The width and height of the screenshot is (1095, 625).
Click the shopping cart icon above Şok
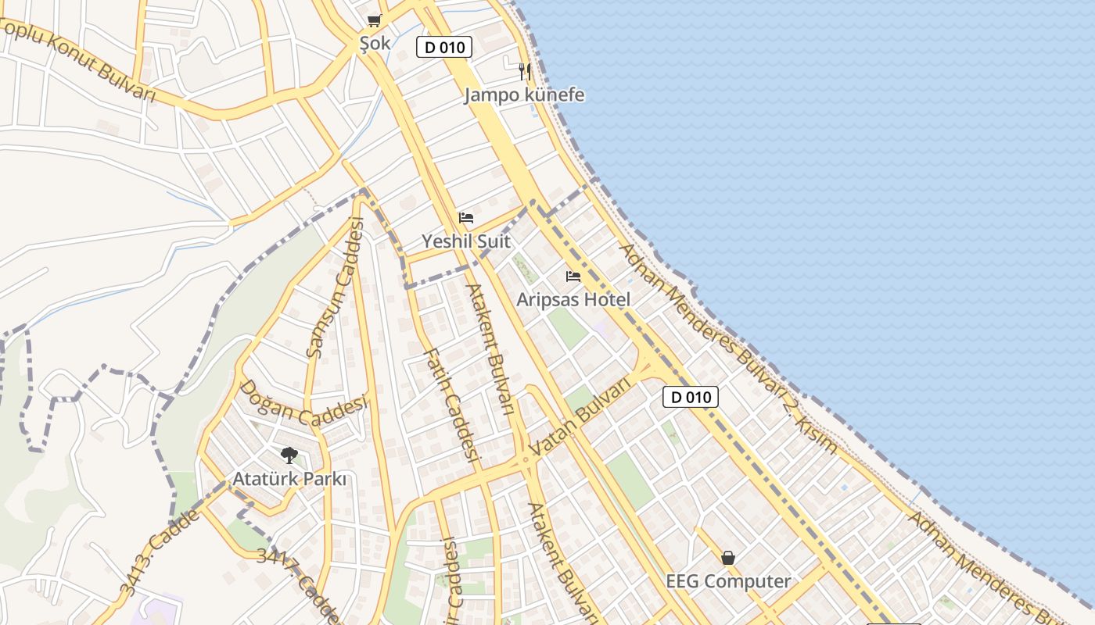(x=374, y=20)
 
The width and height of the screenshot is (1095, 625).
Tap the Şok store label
(x=375, y=43)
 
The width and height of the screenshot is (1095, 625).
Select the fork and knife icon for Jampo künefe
(x=525, y=72)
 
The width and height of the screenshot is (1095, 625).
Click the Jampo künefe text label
(x=524, y=95)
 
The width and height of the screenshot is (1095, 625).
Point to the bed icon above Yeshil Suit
(x=466, y=218)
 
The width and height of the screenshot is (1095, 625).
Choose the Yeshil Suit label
(x=466, y=241)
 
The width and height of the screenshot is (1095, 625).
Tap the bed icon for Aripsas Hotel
(x=573, y=277)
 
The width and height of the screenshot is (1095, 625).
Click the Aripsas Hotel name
(x=573, y=300)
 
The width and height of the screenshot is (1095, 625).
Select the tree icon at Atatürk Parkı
(x=289, y=455)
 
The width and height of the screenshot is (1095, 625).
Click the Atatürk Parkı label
(x=289, y=479)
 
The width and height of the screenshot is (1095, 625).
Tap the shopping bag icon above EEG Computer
(x=728, y=558)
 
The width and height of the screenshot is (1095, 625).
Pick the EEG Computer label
(x=728, y=581)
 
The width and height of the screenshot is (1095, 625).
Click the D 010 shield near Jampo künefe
(x=444, y=47)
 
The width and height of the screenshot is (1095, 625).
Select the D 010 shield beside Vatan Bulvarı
(x=691, y=397)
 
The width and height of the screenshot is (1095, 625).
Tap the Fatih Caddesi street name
(x=451, y=404)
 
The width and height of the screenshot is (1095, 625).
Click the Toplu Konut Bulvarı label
(x=78, y=59)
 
